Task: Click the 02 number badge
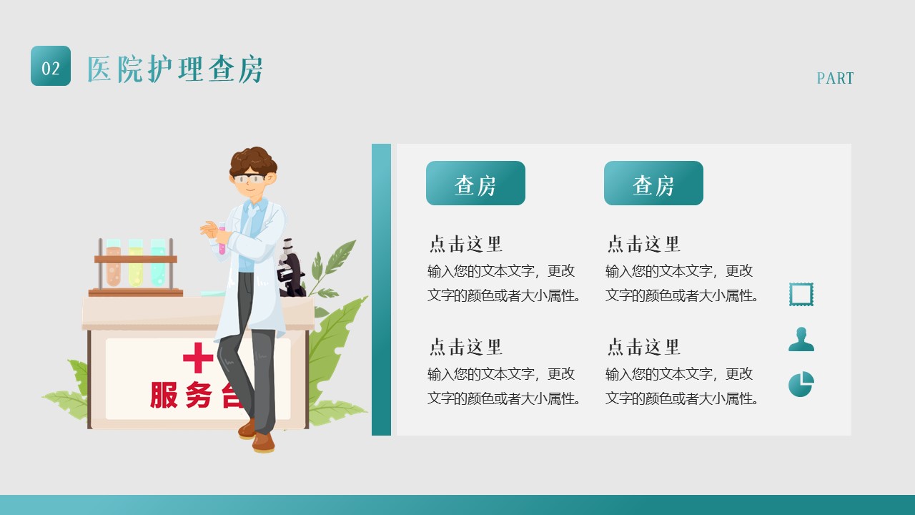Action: (x=51, y=66)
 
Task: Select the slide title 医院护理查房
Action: (x=175, y=69)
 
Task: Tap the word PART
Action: (x=835, y=78)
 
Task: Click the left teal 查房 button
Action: (x=475, y=183)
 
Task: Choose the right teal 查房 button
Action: (x=653, y=183)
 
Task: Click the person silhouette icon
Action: (x=801, y=339)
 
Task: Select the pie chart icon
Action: (x=801, y=384)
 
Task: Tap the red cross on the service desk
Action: (x=198, y=358)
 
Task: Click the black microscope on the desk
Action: (x=291, y=268)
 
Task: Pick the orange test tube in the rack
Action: (x=113, y=263)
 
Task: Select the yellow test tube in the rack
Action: (x=136, y=263)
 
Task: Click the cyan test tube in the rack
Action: (x=158, y=263)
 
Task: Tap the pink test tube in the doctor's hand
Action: (x=222, y=238)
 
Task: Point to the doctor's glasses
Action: (x=249, y=179)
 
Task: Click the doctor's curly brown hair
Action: (x=253, y=161)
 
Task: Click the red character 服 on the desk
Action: (x=164, y=396)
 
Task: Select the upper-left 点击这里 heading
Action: (x=465, y=244)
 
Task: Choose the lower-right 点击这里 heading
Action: (x=643, y=347)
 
